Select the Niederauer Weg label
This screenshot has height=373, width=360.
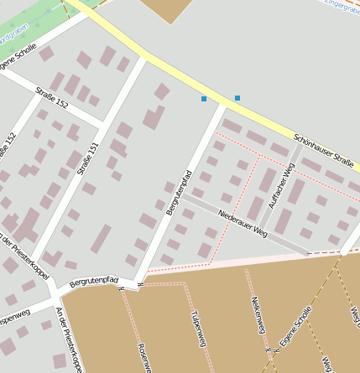coord(243,223)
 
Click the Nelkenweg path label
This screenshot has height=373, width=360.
coord(258,312)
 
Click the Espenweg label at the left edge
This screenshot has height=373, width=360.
coord(13,319)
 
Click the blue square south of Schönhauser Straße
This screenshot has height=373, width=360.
coord(204,99)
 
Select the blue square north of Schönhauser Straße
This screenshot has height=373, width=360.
coord(237,98)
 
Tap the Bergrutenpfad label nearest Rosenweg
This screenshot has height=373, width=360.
coord(94,282)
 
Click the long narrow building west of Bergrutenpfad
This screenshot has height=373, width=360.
coord(102,238)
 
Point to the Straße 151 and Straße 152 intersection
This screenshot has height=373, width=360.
coord(102,125)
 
